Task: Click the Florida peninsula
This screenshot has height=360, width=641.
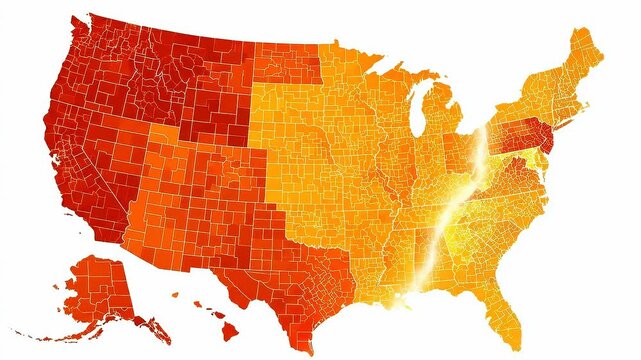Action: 506,305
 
